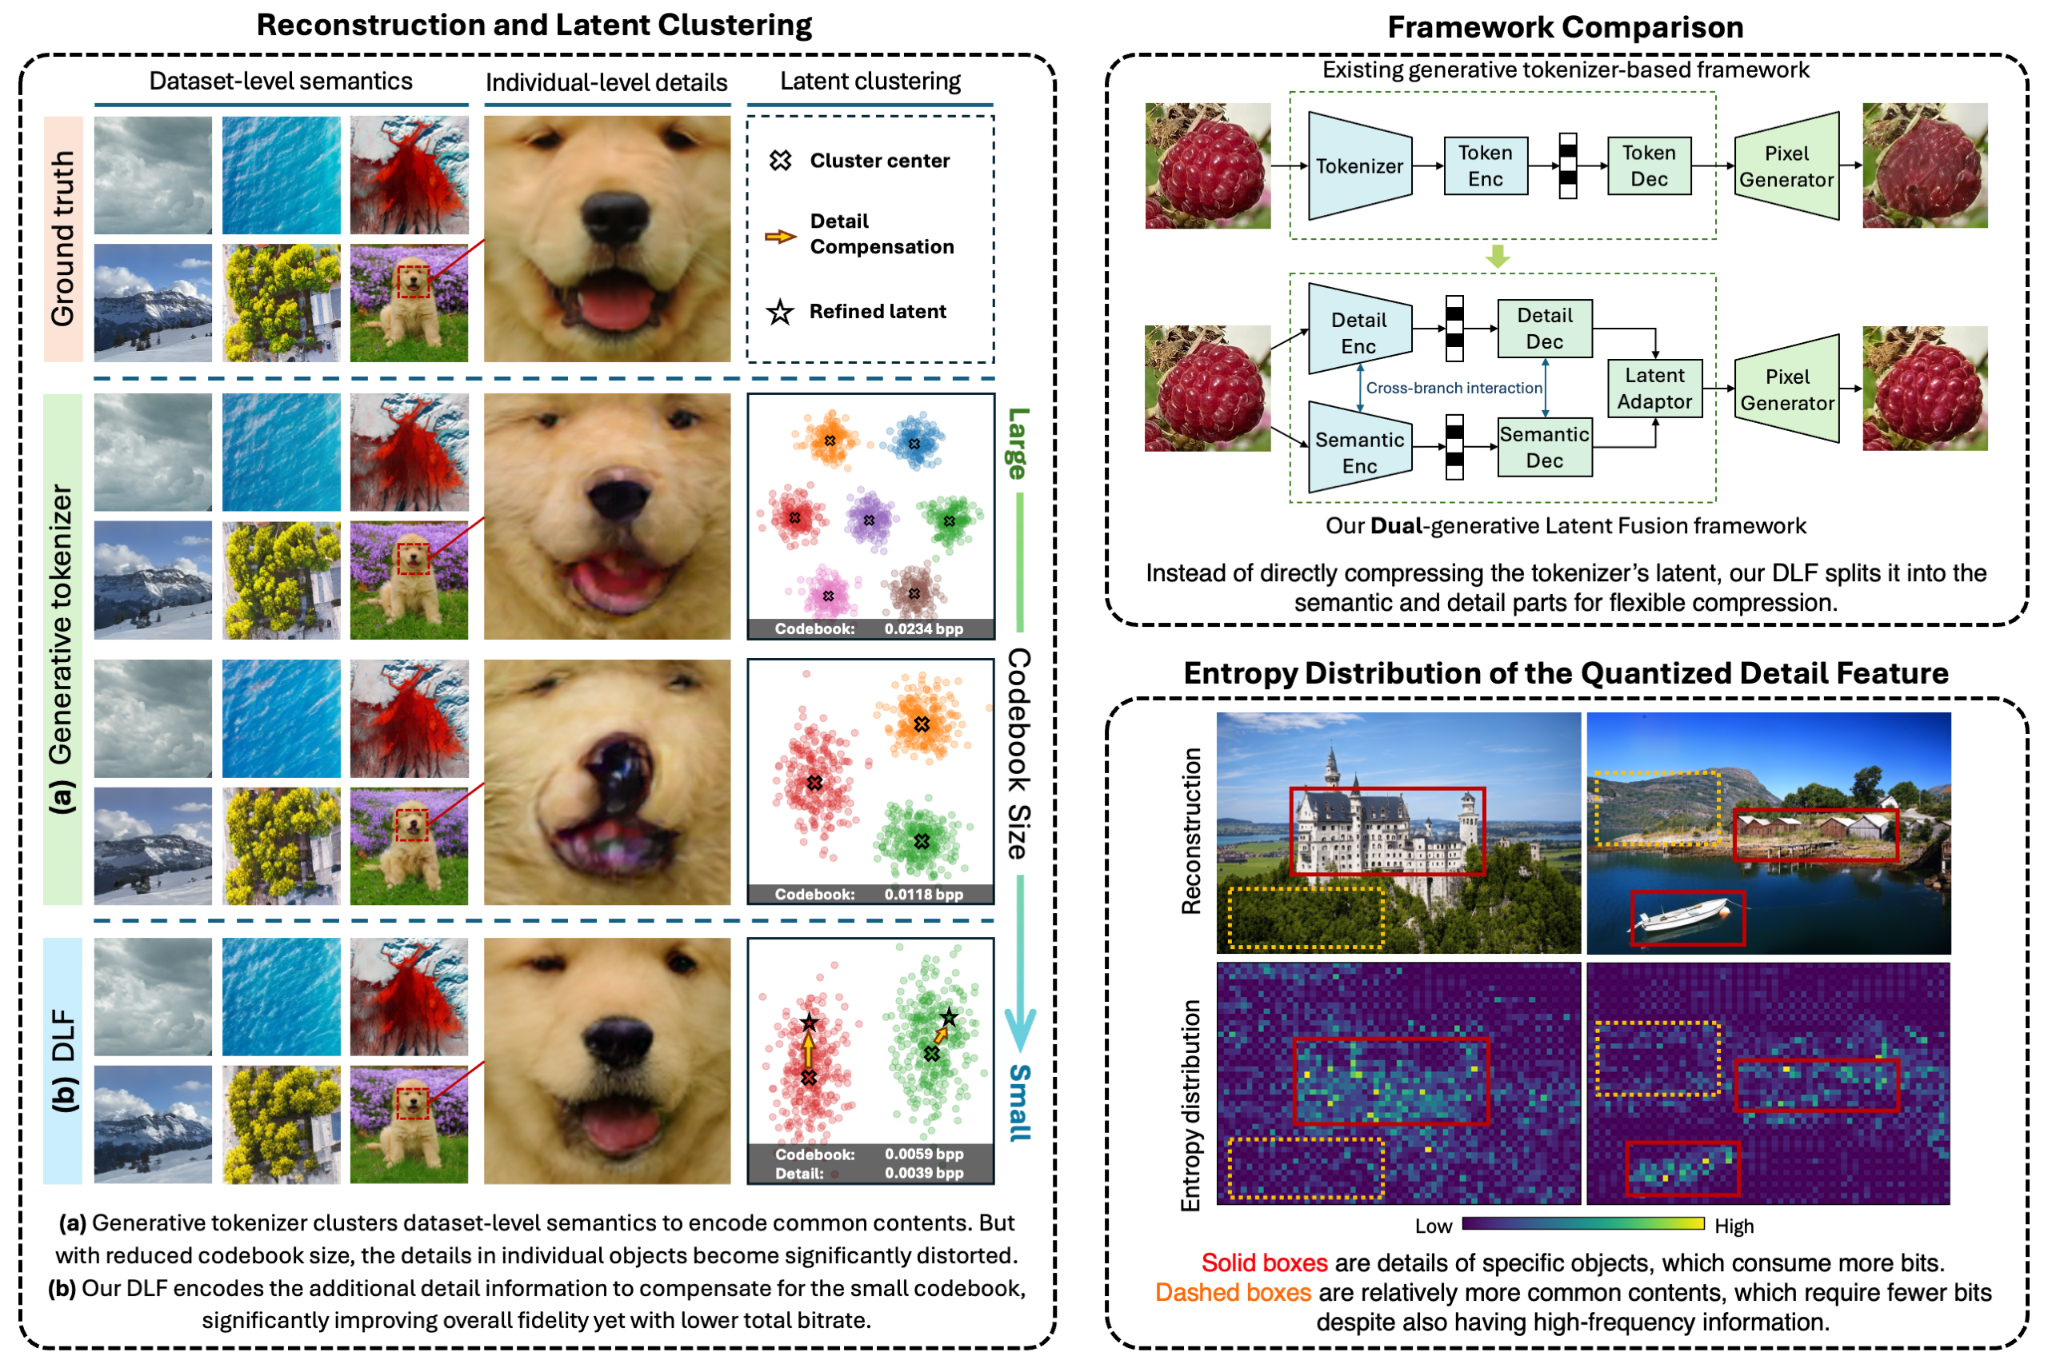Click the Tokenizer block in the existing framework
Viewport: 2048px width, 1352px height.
(1358, 166)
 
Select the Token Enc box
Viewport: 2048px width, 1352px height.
(1485, 166)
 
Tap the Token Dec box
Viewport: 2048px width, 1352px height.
(1649, 166)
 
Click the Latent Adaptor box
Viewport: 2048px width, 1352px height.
(1654, 389)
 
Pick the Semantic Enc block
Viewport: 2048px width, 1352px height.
(1358, 453)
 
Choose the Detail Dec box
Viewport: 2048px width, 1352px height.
(1544, 329)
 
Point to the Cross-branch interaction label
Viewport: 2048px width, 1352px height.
(1454, 388)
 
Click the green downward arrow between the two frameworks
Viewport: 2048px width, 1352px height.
(1498, 256)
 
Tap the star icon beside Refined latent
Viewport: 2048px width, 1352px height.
(780, 312)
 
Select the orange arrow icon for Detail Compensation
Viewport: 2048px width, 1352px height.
(780, 236)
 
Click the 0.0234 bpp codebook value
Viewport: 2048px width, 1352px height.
(923, 629)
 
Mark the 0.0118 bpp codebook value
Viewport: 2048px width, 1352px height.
(923, 895)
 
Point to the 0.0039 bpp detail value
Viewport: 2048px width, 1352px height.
(923, 1174)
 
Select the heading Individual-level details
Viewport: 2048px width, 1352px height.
(606, 83)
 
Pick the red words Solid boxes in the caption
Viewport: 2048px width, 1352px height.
(1264, 1263)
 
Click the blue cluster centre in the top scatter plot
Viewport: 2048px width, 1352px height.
(914, 444)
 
